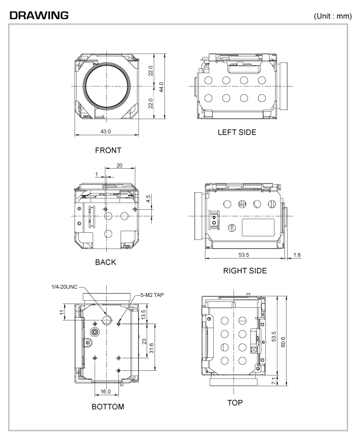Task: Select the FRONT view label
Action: (107, 150)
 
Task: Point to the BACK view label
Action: (105, 262)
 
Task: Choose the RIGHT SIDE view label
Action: (237, 270)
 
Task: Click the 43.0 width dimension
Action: (105, 132)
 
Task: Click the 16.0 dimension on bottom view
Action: (106, 391)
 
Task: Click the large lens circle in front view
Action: (107, 87)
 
